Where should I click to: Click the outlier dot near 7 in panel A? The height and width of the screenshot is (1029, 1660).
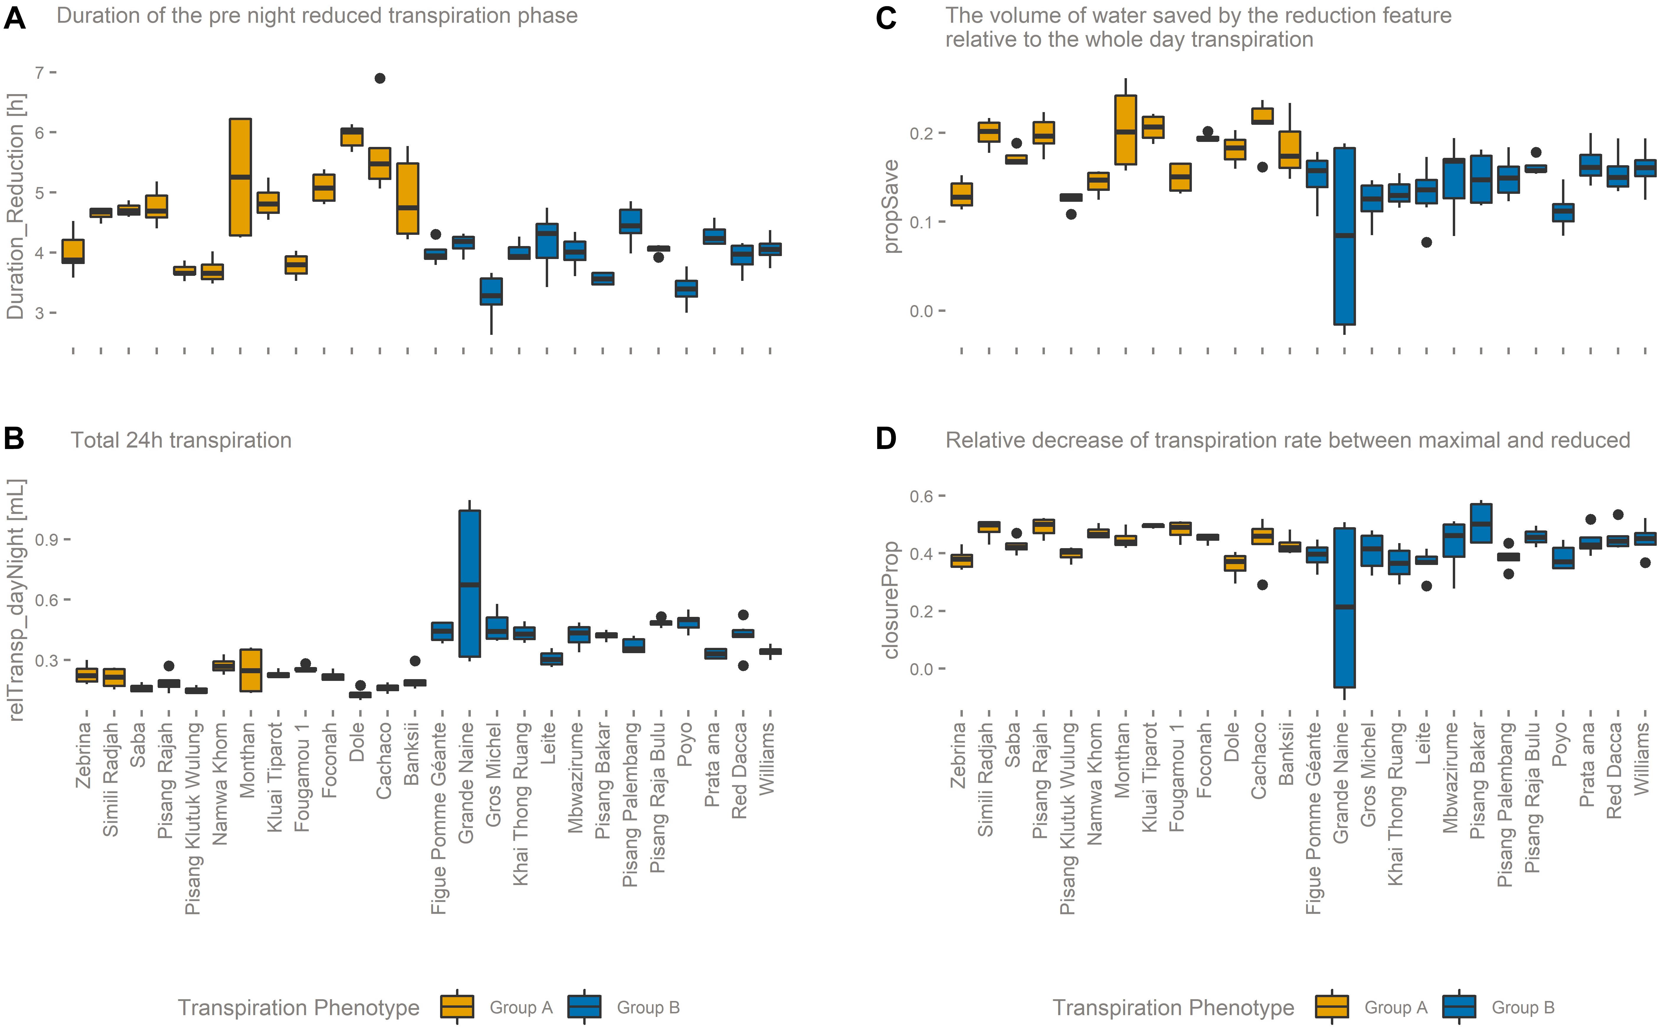(x=380, y=78)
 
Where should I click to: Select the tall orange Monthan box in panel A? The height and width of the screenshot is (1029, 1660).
(x=240, y=177)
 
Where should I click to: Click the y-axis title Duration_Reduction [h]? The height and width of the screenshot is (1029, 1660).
(x=15, y=206)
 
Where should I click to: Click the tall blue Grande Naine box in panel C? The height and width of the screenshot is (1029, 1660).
(x=1344, y=236)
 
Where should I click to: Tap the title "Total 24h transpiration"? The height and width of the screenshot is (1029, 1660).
(x=181, y=440)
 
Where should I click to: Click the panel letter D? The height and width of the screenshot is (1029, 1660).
(x=886, y=439)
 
